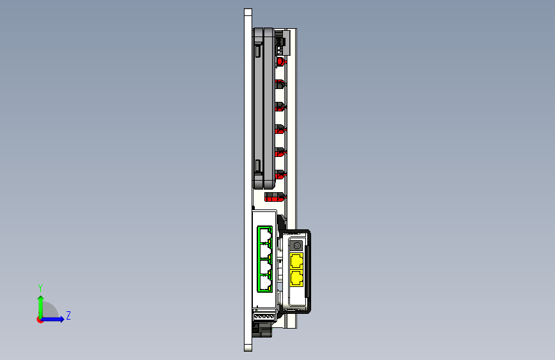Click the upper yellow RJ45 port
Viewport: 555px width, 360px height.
[296, 261]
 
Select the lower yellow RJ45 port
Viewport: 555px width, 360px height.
[296, 278]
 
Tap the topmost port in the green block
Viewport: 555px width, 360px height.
[264, 235]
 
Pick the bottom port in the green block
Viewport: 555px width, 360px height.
[264, 284]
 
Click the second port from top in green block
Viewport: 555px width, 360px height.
[264, 251]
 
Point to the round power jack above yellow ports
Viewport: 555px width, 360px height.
[296, 245]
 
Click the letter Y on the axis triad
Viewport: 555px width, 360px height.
[40, 288]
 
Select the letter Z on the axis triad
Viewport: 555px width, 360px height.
[68, 315]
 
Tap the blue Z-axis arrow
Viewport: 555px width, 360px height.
[53, 319]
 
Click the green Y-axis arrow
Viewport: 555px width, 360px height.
[41, 307]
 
